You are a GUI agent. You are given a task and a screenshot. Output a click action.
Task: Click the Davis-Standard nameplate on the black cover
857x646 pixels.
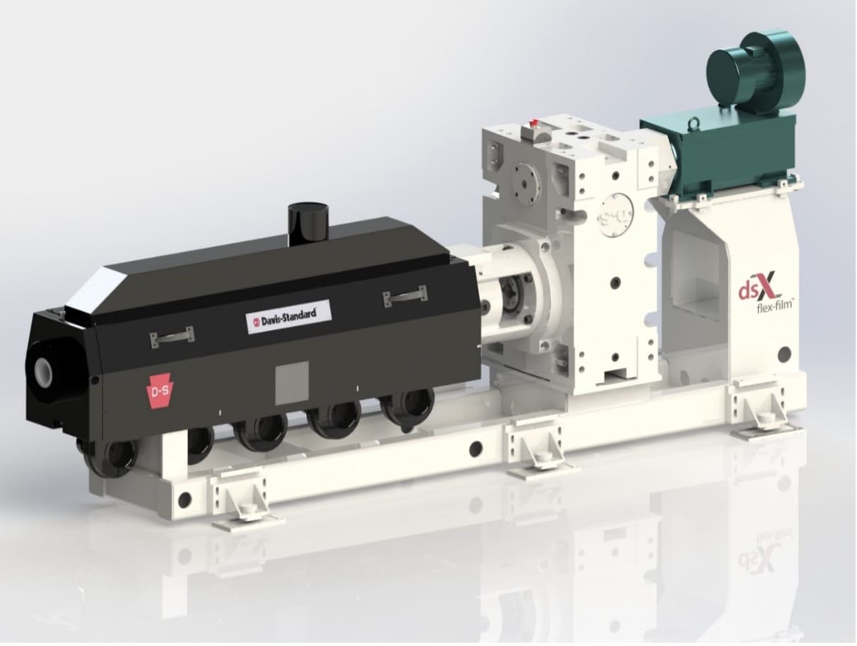tap(289, 316)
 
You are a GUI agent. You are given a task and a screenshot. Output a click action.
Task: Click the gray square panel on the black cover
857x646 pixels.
tap(292, 383)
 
